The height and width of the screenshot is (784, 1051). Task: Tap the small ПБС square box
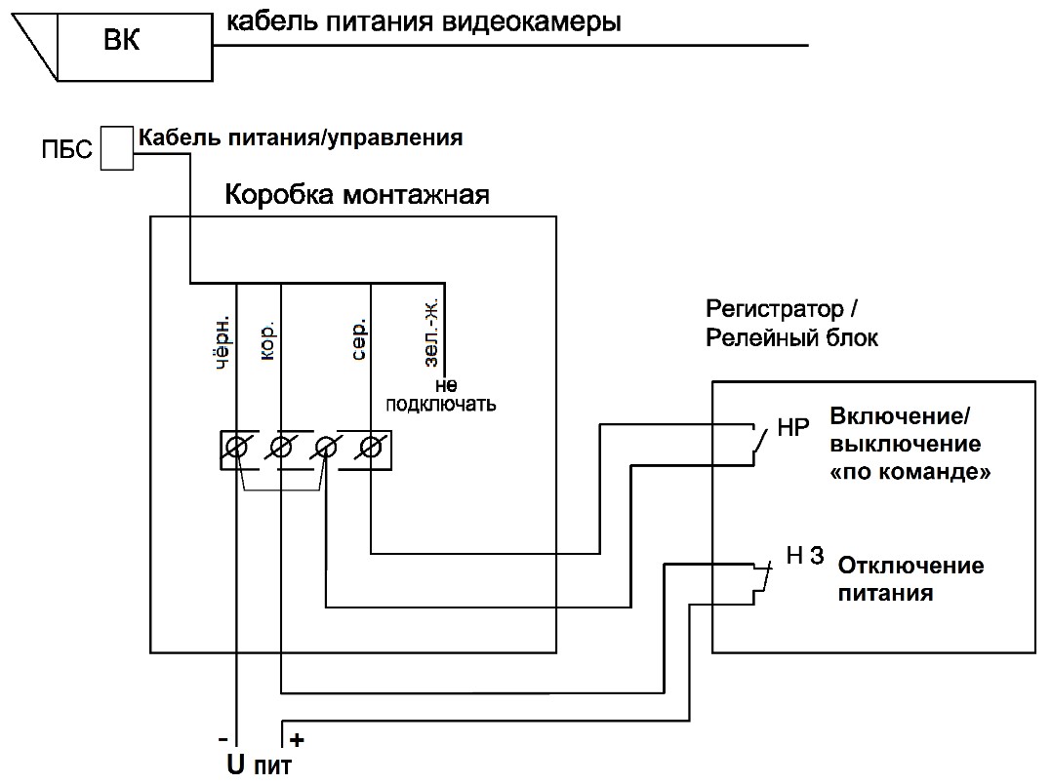click(x=117, y=148)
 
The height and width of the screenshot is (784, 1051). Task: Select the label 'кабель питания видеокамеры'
click(x=424, y=22)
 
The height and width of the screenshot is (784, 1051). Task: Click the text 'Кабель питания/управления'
click(x=300, y=137)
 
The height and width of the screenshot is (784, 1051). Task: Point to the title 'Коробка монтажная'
click(x=357, y=194)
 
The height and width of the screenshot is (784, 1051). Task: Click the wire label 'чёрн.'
click(x=222, y=342)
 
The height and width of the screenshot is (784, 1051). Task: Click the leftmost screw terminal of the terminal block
click(x=236, y=449)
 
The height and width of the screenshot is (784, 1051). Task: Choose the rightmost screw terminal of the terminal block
click(x=370, y=449)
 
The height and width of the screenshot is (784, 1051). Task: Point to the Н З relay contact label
click(x=806, y=558)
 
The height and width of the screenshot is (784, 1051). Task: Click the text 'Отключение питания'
click(x=910, y=578)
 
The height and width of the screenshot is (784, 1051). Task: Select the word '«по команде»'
click(x=910, y=474)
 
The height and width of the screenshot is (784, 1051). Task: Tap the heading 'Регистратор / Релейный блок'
click(x=792, y=324)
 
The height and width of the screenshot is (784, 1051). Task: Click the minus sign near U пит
click(x=223, y=738)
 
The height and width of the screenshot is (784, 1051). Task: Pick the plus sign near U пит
click(x=298, y=739)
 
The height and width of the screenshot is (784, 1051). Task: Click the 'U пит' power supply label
click(x=260, y=764)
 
